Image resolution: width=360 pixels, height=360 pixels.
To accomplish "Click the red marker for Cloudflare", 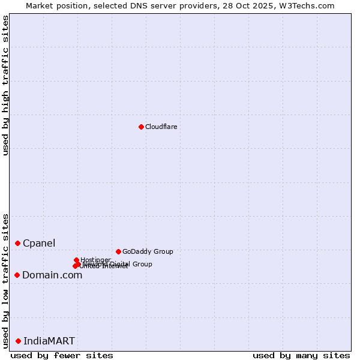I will tap(141, 127).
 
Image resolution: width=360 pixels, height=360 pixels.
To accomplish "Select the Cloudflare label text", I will tap(161, 127).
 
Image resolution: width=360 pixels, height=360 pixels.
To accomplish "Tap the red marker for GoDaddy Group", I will tap(118, 251).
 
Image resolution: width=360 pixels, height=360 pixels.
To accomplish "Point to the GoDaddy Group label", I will tap(148, 251).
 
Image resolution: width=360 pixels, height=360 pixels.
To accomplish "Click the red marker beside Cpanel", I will tap(17, 243).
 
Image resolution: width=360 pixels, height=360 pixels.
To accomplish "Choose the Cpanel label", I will tap(39, 243).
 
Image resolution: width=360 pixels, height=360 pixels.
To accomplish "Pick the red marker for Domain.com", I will tap(17, 275).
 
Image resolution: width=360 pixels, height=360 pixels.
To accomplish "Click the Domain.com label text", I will tap(52, 275).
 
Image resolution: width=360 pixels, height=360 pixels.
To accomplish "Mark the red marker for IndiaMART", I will tap(18, 341).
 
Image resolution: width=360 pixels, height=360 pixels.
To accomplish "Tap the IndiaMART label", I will tap(49, 341).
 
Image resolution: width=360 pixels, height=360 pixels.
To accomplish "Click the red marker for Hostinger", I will tap(76, 260).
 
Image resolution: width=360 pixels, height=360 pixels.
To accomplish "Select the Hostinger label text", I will tap(95, 260).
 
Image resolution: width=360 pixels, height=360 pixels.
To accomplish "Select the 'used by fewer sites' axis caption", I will tap(62, 355).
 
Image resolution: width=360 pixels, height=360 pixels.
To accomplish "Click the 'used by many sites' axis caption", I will tap(301, 355).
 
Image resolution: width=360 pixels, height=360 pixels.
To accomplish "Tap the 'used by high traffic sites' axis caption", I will tap(6, 85).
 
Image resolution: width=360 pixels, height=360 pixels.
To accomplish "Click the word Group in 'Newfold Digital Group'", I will tap(142, 264).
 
